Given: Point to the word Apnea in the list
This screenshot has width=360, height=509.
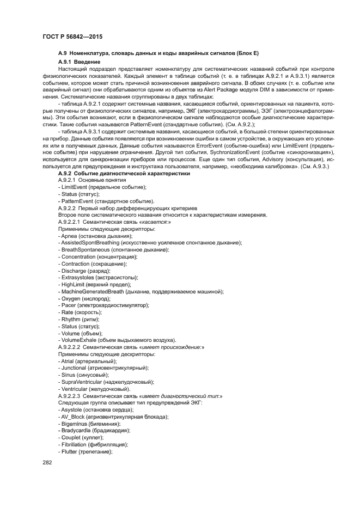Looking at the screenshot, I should coord(70,236).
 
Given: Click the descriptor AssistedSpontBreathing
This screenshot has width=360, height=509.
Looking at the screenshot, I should coord(90,243).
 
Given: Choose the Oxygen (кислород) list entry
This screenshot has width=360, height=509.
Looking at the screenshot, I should coord(80,299).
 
